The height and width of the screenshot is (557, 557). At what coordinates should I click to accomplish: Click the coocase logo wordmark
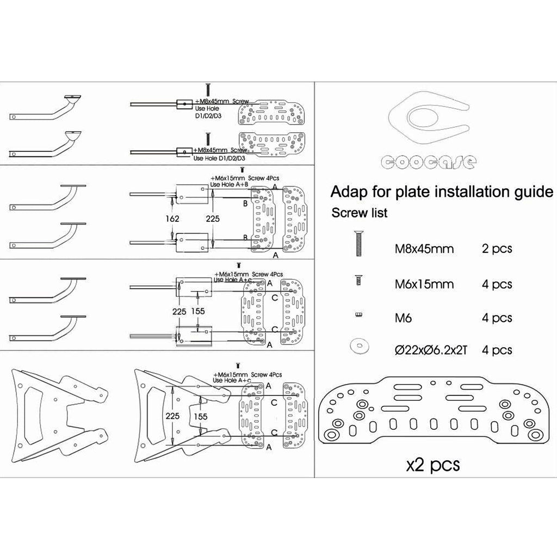pyautogui.click(x=430, y=161)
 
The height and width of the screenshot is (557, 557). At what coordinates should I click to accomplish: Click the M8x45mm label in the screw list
pyautogui.click(x=424, y=250)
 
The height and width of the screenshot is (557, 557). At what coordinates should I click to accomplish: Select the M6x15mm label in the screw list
pyautogui.click(x=424, y=284)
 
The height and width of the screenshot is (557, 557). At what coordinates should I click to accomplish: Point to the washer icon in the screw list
pyautogui.click(x=358, y=345)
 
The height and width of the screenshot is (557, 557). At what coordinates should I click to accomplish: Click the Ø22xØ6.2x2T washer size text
pyautogui.click(x=431, y=350)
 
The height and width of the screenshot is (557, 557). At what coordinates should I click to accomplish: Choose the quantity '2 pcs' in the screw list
pyautogui.click(x=497, y=250)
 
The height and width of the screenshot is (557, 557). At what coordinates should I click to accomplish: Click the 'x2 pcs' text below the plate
pyautogui.click(x=433, y=465)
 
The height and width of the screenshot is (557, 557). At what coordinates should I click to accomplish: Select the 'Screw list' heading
pyautogui.click(x=360, y=213)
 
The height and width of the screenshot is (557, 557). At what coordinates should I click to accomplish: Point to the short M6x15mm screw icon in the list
pyautogui.click(x=358, y=280)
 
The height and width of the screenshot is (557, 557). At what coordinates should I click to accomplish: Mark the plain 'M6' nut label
pyautogui.click(x=404, y=317)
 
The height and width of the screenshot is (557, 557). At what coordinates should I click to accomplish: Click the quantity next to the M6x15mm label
pyautogui.click(x=497, y=284)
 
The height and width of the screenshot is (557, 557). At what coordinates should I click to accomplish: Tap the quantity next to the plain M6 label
pyautogui.click(x=497, y=317)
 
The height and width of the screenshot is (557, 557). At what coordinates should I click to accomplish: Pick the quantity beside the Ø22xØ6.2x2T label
pyautogui.click(x=497, y=350)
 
